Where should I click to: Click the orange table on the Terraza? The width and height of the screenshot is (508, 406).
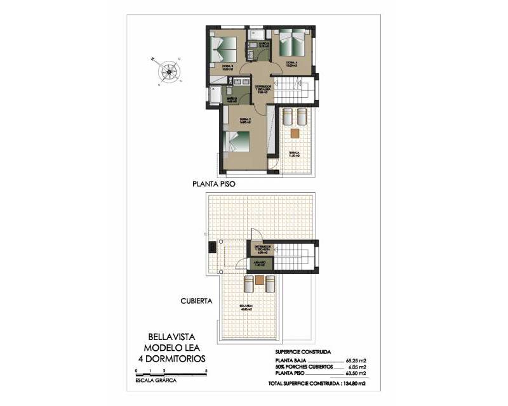coord(295,133)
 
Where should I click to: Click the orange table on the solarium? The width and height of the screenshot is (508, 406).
coord(260,280)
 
